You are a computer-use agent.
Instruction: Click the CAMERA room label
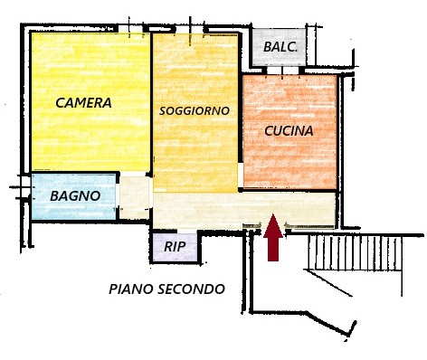(x=83, y=103)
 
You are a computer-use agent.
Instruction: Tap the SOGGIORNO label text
(x=194, y=110)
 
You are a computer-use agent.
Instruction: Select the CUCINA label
(x=289, y=131)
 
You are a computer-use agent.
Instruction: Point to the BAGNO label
(x=74, y=195)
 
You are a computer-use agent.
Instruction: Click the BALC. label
(x=280, y=47)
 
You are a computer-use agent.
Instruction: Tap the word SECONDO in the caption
(x=195, y=289)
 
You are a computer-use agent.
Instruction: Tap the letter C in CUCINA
(x=270, y=131)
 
